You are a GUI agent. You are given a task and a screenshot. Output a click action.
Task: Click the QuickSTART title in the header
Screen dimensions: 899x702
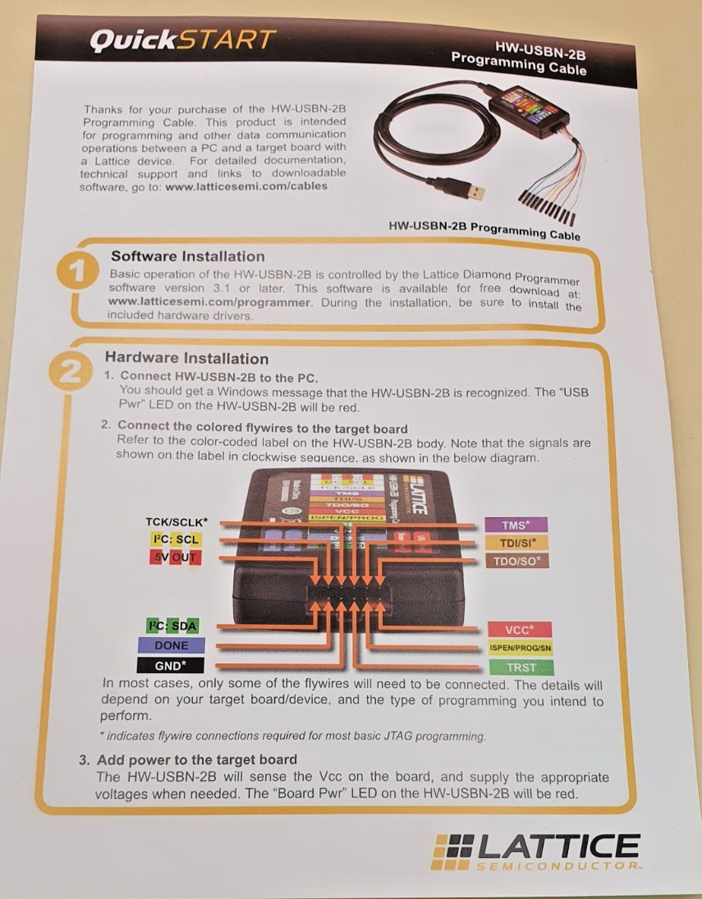pyautogui.click(x=183, y=39)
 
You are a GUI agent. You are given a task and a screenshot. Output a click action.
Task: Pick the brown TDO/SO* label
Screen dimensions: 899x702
pyautogui.click(x=516, y=562)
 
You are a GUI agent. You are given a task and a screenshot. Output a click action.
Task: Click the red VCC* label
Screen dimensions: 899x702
pyautogui.click(x=518, y=630)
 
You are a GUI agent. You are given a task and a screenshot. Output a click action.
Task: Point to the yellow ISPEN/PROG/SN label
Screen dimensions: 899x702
pyautogui.click(x=520, y=648)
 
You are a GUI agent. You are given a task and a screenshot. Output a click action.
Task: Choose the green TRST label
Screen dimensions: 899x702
pyautogui.click(x=521, y=667)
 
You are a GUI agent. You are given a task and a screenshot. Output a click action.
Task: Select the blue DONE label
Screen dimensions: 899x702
pyautogui.click(x=171, y=646)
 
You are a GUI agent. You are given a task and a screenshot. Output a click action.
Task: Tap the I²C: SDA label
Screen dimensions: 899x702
pyautogui.click(x=172, y=626)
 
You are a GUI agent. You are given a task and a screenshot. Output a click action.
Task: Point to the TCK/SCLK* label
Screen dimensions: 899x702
pyautogui.click(x=177, y=522)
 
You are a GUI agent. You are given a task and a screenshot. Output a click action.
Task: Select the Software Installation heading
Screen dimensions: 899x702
pyautogui.click(x=188, y=256)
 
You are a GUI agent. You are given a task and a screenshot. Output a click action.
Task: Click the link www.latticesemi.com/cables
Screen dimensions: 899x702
pyautogui.click(x=245, y=186)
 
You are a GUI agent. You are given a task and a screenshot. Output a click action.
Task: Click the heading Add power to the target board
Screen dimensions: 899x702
pyautogui.click(x=196, y=759)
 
